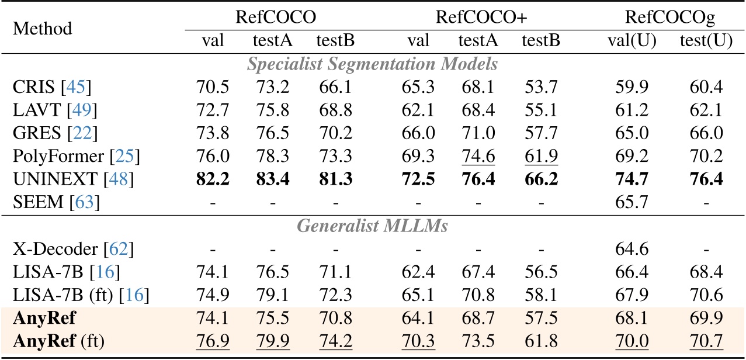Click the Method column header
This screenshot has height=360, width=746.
(42, 28)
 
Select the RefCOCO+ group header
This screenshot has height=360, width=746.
(481, 17)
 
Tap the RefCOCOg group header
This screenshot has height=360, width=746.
(669, 17)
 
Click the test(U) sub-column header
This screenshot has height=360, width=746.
(706, 41)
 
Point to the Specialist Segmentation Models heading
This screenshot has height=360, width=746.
(372, 64)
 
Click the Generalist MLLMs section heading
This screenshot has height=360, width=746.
(372, 226)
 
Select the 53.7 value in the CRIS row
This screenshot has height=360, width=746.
(541, 88)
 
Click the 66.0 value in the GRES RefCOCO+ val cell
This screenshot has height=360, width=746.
(417, 134)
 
